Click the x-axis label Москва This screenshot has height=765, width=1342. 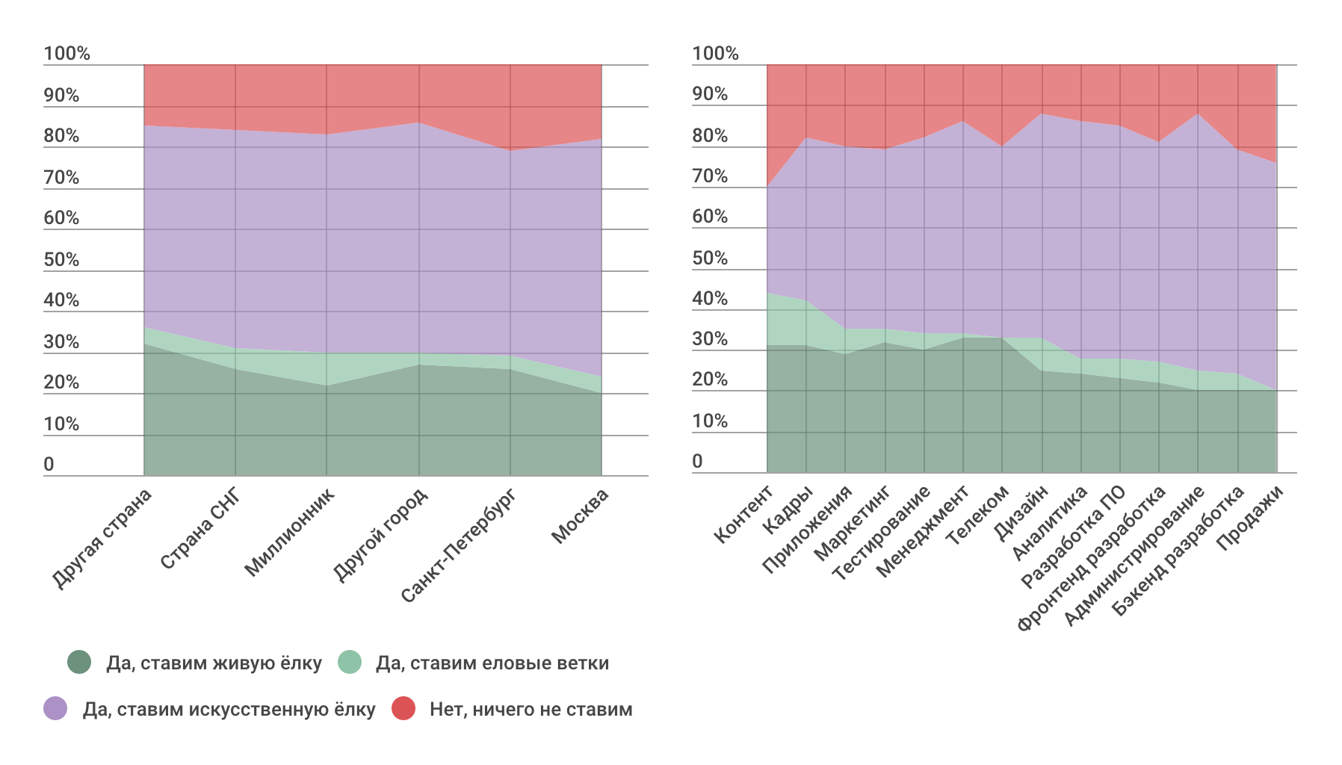580,515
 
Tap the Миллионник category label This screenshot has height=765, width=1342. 290,531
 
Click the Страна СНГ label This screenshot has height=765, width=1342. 200,527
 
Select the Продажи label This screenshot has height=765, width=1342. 1250,517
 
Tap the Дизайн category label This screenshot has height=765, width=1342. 1021,512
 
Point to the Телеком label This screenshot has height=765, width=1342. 977,515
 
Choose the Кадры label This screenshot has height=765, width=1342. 788,510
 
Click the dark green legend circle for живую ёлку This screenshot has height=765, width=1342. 78,662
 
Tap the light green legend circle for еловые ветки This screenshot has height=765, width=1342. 350,662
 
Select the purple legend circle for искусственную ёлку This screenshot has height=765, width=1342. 55,708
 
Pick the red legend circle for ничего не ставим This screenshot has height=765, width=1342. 403,708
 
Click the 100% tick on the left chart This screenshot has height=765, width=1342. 67,54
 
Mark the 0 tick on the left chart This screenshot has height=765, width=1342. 49,465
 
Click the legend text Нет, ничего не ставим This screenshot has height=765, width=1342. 531,709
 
